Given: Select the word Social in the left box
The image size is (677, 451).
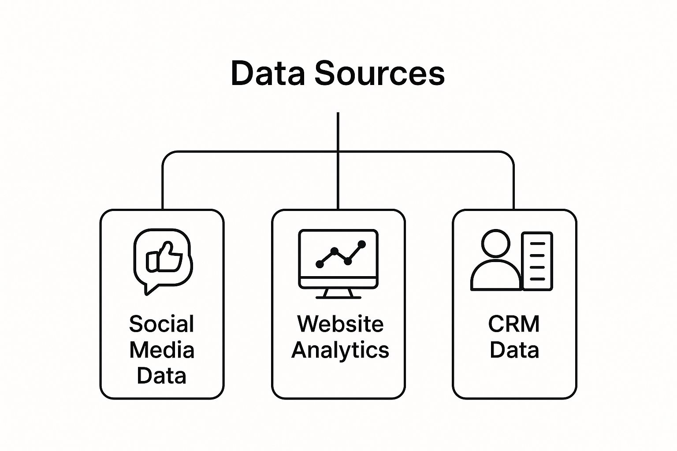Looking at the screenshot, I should click(x=161, y=324).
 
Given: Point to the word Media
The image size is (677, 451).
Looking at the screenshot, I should click(x=162, y=350).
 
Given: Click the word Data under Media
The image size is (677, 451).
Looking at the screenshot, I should click(x=161, y=376).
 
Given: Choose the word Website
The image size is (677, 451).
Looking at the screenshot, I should click(x=340, y=324).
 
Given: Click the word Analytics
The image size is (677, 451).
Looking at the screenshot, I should click(x=340, y=350).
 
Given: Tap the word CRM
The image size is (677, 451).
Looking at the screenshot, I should click(x=514, y=324).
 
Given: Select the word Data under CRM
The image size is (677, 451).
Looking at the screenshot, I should click(x=514, y=350).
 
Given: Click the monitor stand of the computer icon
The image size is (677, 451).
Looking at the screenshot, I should click(x=338, y=293).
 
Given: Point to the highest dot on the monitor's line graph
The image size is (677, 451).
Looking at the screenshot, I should click(x=362, y=244).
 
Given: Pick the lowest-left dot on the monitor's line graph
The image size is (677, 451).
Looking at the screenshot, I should click(x=320, y=264).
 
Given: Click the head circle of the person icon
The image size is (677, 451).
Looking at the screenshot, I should click(x=495, y=243).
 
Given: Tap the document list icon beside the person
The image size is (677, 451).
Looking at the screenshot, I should click(x=537, y=261).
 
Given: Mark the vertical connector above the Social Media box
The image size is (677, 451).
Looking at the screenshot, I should click(x=163, y=185).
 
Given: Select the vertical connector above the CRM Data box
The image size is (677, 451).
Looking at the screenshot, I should click(x=513, y=185).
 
